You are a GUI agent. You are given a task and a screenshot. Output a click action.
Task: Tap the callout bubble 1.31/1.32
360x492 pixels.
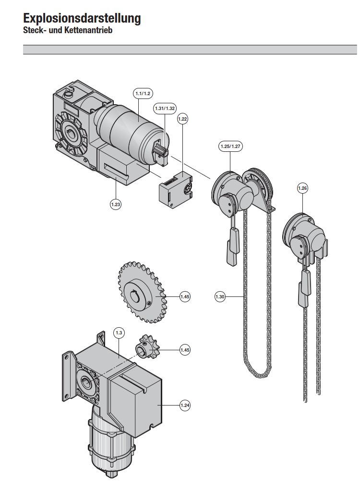[x=165, y=109]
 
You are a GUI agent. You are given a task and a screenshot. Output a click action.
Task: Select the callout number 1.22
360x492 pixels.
[x=182, y=118]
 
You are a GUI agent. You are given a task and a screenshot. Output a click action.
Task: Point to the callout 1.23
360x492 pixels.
[x=115, y=205]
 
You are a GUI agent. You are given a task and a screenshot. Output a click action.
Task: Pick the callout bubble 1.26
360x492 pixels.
[x=302, y=188]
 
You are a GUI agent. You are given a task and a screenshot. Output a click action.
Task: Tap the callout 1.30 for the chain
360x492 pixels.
[x=220, y=297]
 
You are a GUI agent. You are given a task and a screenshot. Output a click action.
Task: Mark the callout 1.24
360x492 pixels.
[x=185, y=406]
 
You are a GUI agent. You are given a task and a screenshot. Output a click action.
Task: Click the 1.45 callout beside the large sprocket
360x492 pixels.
[x=185, y=297]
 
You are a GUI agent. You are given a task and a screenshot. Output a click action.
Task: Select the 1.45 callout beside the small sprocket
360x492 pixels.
[x=185, y=350]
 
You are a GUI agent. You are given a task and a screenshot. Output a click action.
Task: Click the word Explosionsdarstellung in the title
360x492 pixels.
[x=82, y=19]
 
